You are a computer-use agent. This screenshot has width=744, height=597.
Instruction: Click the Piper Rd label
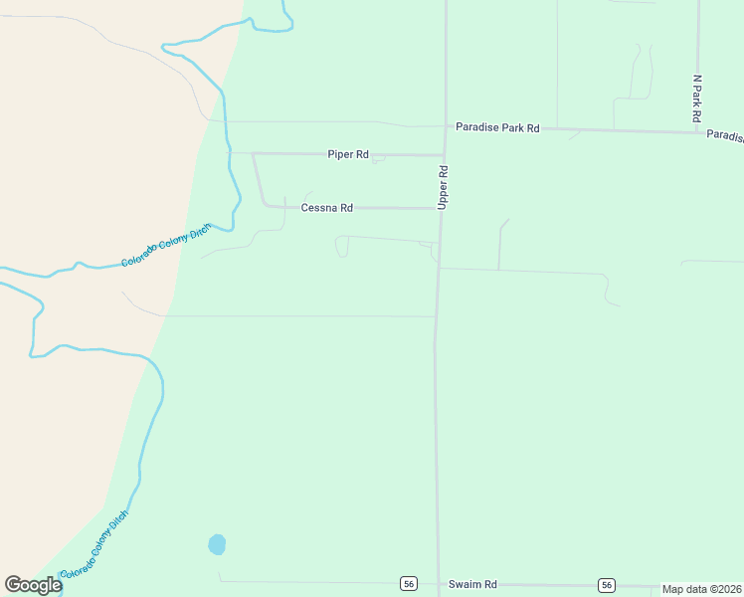tap(348, 154)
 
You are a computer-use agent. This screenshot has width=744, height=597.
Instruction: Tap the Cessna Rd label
tap(326, 208)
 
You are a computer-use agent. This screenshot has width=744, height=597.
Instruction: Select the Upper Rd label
tap(444, 186)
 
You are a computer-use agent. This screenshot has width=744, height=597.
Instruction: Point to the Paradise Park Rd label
tap(497, 127)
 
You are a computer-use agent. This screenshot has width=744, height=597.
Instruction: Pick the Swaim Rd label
tap(472, 584)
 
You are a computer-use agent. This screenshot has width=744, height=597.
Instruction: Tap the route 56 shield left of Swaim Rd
tap(409, 584)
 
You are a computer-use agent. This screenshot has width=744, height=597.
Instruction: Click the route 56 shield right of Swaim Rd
tap(607, 585)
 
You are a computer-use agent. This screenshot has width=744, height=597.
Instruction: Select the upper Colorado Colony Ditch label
tap(166, 245)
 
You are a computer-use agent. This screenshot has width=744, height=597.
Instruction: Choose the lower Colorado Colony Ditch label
tap(93, 546)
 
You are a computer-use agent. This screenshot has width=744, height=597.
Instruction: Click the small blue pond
tap(217, 544)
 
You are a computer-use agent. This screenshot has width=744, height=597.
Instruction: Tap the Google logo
tap(33, 585)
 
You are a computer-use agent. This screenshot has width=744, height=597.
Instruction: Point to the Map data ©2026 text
tap(701, 589)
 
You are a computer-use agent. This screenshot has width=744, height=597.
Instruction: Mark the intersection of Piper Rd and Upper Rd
tap(442, 154)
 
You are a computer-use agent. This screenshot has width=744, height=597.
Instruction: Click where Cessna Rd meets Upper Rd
tap(440, 209)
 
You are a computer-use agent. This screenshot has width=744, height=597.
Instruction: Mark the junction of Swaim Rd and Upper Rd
tap(438, 584)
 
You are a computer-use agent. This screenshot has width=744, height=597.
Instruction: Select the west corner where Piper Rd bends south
tap(254, 154)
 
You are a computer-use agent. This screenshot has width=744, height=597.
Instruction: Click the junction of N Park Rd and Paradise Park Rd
tap(697, 130)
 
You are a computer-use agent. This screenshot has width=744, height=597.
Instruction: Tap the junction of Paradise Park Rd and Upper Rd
tap(444, 126)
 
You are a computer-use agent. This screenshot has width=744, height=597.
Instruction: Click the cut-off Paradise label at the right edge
tap(725, 135)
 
